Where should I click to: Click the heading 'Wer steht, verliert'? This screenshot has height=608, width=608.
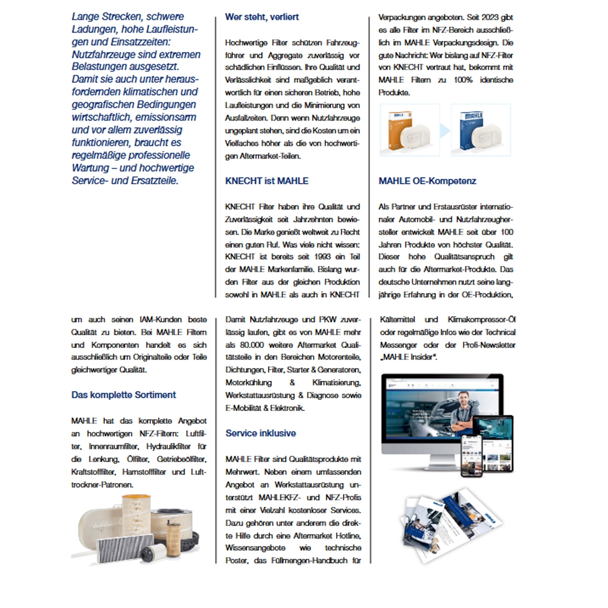(261, 17)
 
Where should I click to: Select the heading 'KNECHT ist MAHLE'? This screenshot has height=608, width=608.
(266, 181)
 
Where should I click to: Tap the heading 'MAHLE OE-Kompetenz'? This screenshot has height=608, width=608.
(427, 181)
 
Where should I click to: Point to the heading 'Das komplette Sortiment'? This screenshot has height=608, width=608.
(123, 395)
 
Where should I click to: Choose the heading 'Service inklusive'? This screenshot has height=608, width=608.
(260, 433)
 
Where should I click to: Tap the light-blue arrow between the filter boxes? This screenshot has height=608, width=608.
(445, 130)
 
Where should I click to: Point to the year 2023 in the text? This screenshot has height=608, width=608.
(493, 17)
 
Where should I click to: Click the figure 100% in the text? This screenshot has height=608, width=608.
(463, 80)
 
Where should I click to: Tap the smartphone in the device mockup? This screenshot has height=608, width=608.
(471, 456)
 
